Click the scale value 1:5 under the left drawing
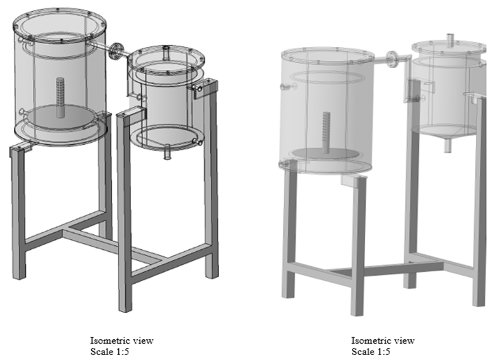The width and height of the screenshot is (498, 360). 122,352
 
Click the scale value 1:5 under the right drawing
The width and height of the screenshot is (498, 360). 383,352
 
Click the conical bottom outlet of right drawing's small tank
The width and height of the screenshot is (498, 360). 448,144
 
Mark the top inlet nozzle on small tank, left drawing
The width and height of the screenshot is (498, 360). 166,52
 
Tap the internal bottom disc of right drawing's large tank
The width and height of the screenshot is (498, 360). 327,154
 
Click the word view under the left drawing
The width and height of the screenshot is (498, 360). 143,340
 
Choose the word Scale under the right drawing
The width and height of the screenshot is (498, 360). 362,352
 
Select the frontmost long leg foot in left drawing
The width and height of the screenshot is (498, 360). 125,307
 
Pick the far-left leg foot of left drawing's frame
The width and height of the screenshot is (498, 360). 19,275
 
